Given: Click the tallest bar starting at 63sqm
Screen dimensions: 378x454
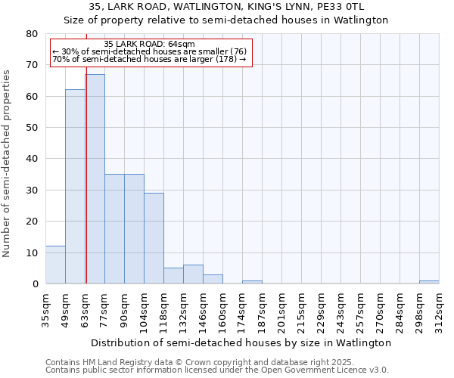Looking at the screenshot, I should pos(95,179).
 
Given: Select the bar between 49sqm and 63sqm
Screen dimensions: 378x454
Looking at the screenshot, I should pos(75,187).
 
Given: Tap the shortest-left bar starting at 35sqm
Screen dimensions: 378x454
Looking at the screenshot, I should pos(55,265).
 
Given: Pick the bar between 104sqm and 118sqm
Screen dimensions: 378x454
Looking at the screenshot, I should pos(154,238).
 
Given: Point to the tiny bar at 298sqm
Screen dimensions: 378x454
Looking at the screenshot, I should pos(429,282).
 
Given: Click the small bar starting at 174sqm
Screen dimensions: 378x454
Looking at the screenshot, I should pos(252,282).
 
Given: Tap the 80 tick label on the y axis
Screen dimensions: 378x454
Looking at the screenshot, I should pos(33,34).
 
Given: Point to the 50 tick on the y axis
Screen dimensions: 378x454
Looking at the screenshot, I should pos(33,128).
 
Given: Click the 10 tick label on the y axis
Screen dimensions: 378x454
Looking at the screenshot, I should pos(33,253).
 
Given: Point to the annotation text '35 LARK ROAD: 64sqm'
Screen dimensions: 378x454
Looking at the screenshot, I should pos(149,44).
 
